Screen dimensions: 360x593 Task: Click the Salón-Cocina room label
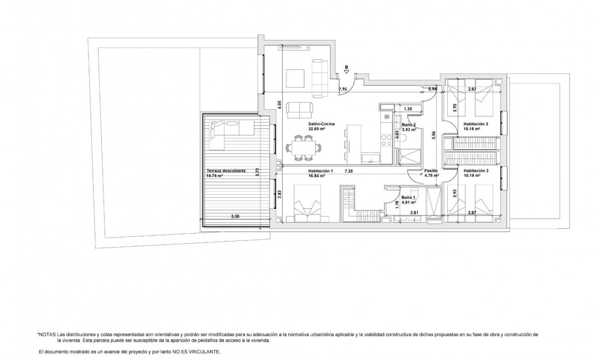click(x=320, y=124)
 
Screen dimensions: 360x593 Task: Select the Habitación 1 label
click(x=320, y=171)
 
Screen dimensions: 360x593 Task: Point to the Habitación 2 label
click(x=476, y=124)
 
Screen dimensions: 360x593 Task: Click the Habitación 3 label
click(x=476, y=171)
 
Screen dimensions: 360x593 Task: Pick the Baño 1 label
click(x=408, y=198)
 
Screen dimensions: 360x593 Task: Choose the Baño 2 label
click(x=409, y=126)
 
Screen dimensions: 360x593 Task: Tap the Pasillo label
click(x=431, y=171)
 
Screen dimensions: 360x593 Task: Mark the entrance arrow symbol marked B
click(x=346, y=70)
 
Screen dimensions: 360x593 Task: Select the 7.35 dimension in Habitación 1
click(x=348, y=171)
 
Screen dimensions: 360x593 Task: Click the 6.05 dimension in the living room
click(x=280, y=104)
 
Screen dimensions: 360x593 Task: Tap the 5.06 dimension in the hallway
click(x=432, y=133)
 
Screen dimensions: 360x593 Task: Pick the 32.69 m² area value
click(x=316, y=129)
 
